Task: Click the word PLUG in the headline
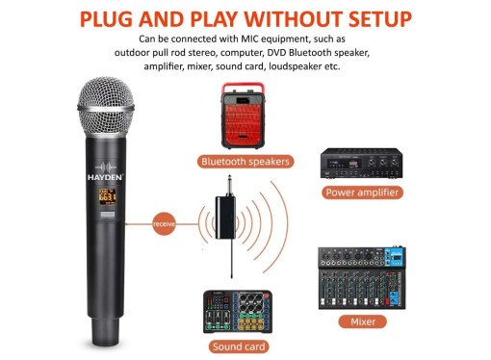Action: coord(106,19)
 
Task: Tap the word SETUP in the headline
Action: coord(380,19)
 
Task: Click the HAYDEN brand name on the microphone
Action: coord(105,177)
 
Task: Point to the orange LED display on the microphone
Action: coord(107,196)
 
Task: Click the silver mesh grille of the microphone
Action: coord(106,107)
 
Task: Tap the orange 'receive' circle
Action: coord(164,223)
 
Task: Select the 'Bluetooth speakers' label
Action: coord(245,161)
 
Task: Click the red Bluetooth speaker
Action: coord(243,116)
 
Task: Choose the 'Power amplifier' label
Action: coord(362,193)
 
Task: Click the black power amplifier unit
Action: coord(361,164)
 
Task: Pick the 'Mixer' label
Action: coord(363,321)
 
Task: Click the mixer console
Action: coord(362,278)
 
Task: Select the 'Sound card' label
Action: coord(239,347)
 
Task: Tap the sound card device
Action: coord(238,312)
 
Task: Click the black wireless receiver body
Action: coord(225,218)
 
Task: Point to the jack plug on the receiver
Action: coord(229,186)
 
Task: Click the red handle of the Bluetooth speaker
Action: coord(244,88)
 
